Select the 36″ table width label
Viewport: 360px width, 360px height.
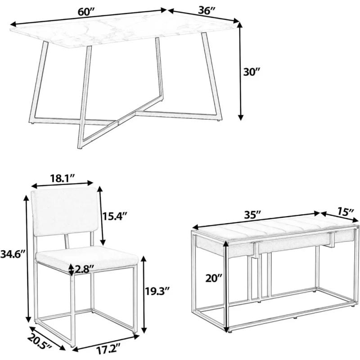[207, 10]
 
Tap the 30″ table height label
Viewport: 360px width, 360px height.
[251, 72]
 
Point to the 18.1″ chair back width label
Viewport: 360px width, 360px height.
[62, 178]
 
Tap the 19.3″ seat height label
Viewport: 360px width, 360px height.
[157, 291]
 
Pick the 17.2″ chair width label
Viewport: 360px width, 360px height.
[108, 351]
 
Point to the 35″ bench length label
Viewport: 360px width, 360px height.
[252, 215]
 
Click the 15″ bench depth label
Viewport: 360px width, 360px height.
[346, 211]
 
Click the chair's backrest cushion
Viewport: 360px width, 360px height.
[65, 211]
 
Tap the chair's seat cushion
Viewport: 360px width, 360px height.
[87, 257]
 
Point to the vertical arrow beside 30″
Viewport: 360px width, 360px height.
[240, 71]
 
